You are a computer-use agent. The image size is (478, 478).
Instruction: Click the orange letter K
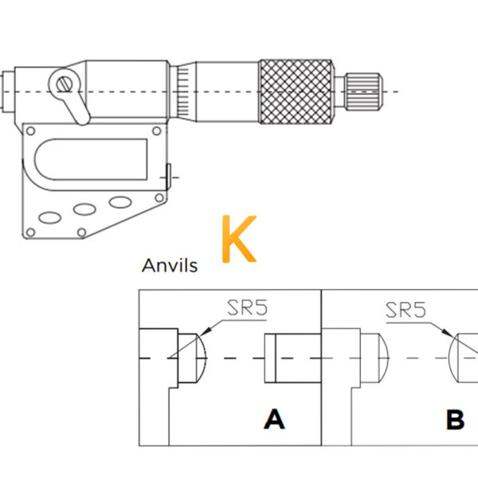click(x=239, y=239)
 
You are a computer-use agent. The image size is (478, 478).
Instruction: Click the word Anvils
click(x=170, y=265)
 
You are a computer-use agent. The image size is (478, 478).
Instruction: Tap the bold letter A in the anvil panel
click(x=274, y=419)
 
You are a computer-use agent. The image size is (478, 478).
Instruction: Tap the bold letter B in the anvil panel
click(x=455, y=420)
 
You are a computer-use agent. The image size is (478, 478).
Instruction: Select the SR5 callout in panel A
click(x=247, y=308)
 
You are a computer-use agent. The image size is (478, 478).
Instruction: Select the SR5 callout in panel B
click(x=406, y=310)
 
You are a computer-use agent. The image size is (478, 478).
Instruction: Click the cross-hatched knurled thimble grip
click(x=296, y=92)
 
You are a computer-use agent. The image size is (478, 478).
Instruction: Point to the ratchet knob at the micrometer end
click(x=363, y=92)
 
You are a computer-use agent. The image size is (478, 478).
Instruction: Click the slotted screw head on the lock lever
click(x=65, y=84)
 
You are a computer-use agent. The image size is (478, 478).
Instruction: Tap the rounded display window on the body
click(x=91, y=159)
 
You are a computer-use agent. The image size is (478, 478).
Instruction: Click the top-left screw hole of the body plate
click(x=31, y=131)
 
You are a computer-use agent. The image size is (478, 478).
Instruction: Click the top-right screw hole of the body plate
click(x=157, y=131)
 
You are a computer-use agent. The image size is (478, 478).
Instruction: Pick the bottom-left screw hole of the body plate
click(x=30, y=233)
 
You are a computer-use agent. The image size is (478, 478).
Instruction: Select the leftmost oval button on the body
click(x=50, y=217)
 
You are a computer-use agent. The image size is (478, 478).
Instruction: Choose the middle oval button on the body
click(x=84, y=210)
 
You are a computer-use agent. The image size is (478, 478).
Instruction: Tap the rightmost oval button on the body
click(x=120, y=202)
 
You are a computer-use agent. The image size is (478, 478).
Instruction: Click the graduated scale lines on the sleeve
click(x=183, y=92)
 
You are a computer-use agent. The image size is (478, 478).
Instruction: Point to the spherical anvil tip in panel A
click(x=192, y=358)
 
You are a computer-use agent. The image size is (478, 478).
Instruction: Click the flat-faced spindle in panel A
click(x=292, y=358)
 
